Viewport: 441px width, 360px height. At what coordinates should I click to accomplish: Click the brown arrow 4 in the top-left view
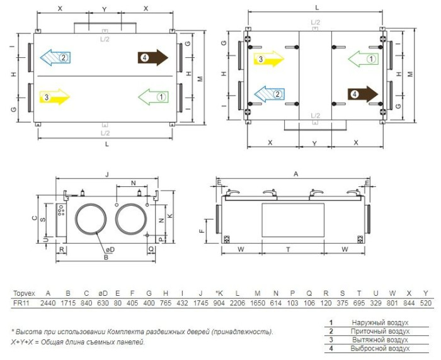pyautogui.click(x=152, y=58)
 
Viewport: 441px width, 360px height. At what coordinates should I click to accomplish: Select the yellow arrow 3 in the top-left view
pyautogui.click(x=54, y=97)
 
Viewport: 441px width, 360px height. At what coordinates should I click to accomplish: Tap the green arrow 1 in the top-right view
pyautogui.click(x=364, y=59)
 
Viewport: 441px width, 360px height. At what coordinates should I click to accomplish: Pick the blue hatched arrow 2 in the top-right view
pyautogui.click(x=269, y=94)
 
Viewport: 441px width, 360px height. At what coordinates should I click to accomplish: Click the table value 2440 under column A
pyautogui.click(x=48, y=303)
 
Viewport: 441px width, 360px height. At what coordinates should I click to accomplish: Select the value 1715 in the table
pyautogui.click(x=68, y=303)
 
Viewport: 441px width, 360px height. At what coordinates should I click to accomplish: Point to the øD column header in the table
pyautogui.click(x=103, y=293)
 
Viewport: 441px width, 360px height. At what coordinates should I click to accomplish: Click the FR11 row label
pyautogui.click(x=21, y=303)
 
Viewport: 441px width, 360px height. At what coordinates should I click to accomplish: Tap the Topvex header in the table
pyautogui.click(x=24, y=294)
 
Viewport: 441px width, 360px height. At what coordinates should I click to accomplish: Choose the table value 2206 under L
pyautogui.click(x=237, y=303)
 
